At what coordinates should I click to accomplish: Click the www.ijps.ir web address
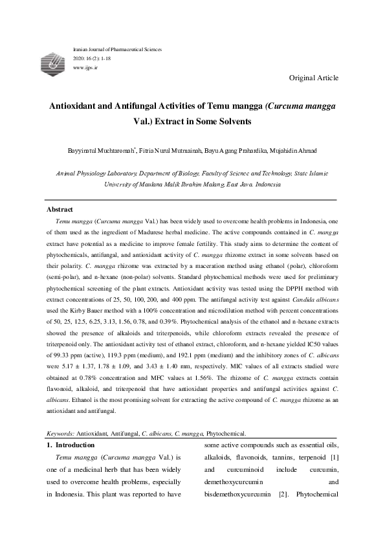85,67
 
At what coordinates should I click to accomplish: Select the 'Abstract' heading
60,210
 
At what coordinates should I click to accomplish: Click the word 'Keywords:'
61,433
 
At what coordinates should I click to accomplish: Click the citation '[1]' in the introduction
331,458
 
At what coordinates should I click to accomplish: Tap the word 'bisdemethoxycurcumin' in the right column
236,495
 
